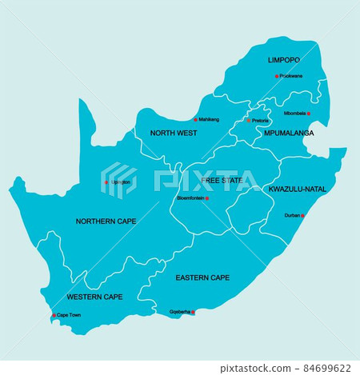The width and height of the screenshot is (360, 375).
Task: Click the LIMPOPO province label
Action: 284,60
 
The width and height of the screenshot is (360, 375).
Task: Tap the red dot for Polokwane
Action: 277,77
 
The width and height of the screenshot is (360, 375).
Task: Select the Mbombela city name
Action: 294,114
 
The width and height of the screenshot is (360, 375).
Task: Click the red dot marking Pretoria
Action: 248,121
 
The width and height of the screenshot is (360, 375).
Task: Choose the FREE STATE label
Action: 222,181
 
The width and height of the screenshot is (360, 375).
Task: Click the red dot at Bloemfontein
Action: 207,198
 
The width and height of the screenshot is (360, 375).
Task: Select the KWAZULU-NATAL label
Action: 297,189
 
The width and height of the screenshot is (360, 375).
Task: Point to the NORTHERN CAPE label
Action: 106,221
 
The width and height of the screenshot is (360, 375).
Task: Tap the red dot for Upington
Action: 106,182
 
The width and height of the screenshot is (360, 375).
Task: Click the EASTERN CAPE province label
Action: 202,278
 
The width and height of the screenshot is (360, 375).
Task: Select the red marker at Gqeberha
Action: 193,312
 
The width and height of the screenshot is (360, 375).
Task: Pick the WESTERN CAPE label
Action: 95,297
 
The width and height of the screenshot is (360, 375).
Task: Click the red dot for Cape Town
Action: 54,315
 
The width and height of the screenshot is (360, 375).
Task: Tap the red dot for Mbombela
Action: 309,114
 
